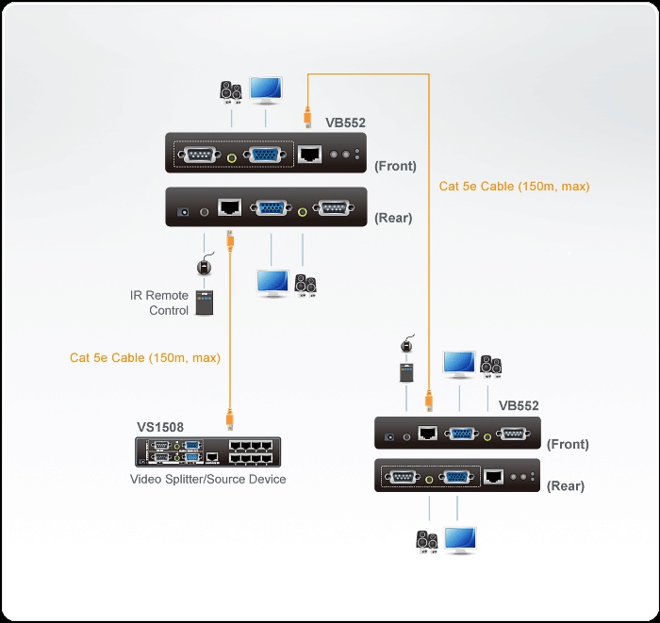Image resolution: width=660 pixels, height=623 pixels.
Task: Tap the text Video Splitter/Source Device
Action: tap(207, 480)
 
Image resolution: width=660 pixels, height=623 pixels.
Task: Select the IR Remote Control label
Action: tap(159, 303)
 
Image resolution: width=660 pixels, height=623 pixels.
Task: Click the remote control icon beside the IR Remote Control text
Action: tap(204, 303)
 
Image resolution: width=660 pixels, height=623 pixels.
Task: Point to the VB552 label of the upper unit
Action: tap(345, 123)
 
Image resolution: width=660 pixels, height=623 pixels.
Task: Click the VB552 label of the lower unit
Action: tap(519, 406)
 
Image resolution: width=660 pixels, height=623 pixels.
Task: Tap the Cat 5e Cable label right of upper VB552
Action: tap(514, 187)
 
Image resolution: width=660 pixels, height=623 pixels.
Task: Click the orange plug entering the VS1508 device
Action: tap(228, 418)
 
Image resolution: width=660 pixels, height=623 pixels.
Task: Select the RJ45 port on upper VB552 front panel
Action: tap(310, 153)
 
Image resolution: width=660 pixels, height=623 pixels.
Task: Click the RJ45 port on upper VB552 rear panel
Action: tap(228, 207)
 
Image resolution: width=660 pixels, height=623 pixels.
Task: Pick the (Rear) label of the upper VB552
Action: tap(393, 218)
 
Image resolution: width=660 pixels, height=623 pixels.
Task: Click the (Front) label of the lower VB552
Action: tap(568, 444)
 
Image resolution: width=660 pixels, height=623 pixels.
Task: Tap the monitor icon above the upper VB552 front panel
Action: tap(265, 90)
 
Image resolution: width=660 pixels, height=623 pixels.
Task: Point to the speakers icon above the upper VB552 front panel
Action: tap(231, 91)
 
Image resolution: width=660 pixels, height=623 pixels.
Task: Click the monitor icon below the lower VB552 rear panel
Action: tap(460, 541)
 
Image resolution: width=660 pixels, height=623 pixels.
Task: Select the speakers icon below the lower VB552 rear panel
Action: tap(427, 542)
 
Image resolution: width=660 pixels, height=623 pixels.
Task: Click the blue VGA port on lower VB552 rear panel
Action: tap(456, 477)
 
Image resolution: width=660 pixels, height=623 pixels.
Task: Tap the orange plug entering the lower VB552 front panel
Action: tap(429, 404)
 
